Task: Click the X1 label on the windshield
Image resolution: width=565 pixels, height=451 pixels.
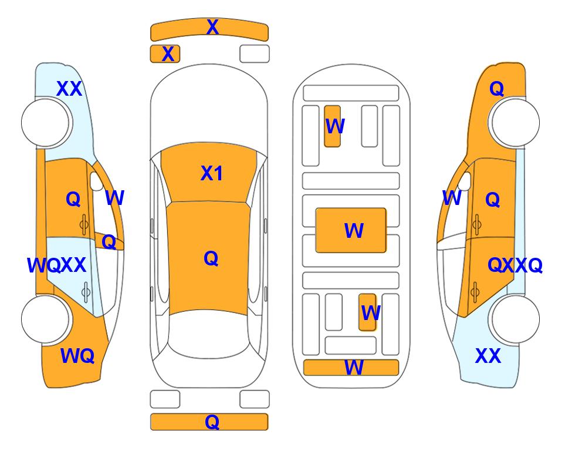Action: pos(212,173)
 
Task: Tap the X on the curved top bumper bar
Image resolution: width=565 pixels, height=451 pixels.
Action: pos(212,27)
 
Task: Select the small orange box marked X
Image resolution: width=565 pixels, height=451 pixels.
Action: pos(165,54)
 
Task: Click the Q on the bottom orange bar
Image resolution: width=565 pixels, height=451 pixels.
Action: pos(212,422)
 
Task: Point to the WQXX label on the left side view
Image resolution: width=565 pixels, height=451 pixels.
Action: pos(56,265)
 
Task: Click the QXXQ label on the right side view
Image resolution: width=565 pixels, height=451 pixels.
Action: pos(515,265)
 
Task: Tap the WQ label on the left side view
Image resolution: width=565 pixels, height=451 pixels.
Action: pos(77,356)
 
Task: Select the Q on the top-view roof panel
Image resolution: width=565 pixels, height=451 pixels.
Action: pos(211,258)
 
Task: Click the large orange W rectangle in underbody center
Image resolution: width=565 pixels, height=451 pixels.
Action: pos(351,230)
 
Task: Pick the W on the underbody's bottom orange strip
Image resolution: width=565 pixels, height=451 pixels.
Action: pos(354,368)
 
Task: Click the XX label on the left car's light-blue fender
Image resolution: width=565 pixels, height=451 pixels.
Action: pos(69,89)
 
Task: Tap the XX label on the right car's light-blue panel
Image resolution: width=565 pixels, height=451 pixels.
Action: pos(488,356)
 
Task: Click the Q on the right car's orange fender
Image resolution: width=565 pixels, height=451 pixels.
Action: pos(496,89)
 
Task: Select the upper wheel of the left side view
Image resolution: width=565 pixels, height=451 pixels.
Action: pos(46,123)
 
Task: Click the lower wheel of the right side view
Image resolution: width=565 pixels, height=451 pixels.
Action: pos(516,319)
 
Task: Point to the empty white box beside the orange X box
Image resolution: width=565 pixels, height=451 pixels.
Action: pos(255,54)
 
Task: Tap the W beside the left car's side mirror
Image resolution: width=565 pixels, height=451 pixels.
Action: pos(114,198)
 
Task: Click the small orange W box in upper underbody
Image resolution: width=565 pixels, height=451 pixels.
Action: pos(332,126)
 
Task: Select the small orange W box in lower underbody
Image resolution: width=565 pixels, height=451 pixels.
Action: pos(367,312)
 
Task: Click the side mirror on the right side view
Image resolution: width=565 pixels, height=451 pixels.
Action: pos(465,181)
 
